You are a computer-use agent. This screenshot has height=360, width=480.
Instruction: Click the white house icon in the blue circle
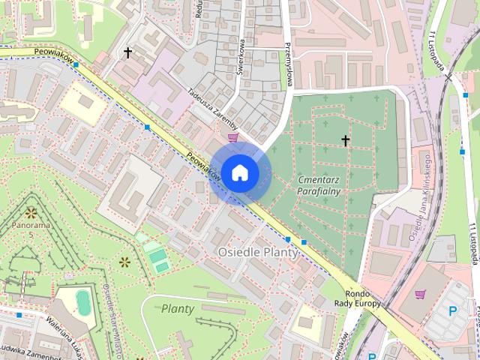click(x=239, y=172)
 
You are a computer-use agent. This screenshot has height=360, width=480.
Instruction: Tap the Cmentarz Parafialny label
click(x=319, y=185)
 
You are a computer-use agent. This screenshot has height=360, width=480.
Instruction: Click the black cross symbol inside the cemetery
click(x=346, y=140)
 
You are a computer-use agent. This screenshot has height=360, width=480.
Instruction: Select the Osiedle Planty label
click(x=257, y=253)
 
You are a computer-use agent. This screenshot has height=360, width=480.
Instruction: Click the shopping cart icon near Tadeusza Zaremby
click(x=233, y=136)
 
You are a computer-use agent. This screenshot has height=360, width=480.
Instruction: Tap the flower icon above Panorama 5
click(x=31, y=213)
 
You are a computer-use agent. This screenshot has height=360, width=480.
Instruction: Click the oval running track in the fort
click(x=83, y=303)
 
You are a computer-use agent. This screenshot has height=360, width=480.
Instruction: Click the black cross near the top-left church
click(x=128, y=52)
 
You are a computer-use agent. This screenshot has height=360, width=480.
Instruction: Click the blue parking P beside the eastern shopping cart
click(x=451, y=310)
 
